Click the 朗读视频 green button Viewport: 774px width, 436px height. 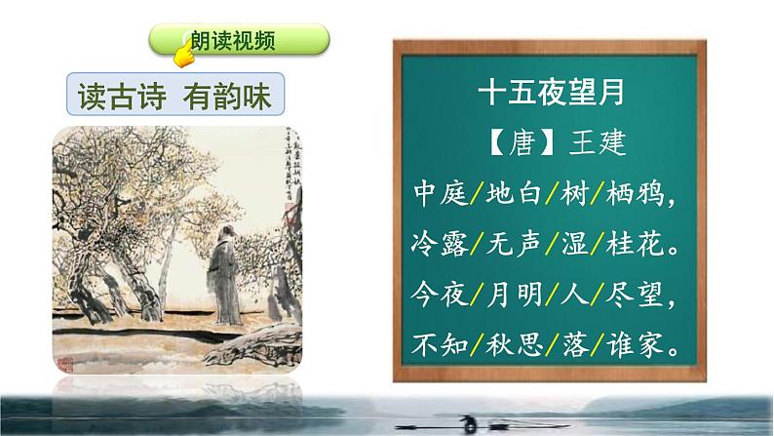(239, 41)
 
